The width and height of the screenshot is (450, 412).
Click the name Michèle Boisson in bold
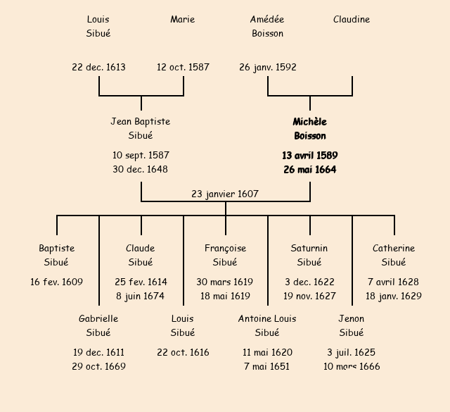tap(309, 129)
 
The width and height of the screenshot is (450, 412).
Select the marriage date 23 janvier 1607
tap(225, 194)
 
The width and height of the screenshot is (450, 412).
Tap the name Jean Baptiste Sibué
tap(141, 129)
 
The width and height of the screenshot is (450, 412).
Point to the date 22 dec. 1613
tap(98, 68)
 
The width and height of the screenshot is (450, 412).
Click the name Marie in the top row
tap(183, 20)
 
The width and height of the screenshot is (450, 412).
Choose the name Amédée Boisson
tap(267, 27)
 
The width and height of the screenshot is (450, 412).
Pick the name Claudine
tap(352, 20)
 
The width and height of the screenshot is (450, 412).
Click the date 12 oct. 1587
tap(183, 68)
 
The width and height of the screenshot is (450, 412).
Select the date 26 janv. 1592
tap(267, 68)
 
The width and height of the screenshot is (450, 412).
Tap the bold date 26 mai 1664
tap(309, 170)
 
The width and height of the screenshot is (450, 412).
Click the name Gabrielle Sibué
tap(98, 326)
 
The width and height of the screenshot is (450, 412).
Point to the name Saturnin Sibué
tap(309, 256)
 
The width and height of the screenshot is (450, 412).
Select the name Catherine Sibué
tap(394, 256)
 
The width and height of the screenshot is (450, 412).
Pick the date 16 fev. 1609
tap(56, 282)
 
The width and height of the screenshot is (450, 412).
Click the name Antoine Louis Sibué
tap(267, 326)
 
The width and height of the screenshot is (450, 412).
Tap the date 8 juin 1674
tap(141, 296)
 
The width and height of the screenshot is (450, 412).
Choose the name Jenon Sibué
tap(352, 326)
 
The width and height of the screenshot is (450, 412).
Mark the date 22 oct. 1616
tap(183, 353)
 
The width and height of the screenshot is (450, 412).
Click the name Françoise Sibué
tap(225, 256)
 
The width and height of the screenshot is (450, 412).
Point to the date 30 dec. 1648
tap(141, 170)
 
